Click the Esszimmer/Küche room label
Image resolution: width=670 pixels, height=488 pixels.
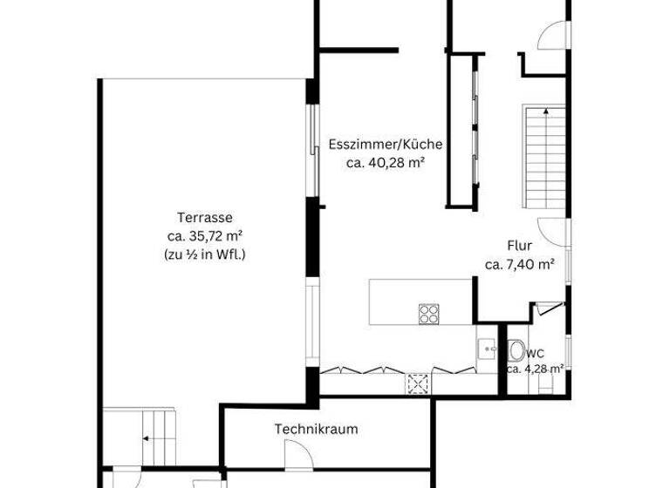click(x=386, y=145)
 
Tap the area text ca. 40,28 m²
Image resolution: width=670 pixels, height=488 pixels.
click(x=386, y=162)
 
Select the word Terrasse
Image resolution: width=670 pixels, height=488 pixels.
click(x=204, y=218)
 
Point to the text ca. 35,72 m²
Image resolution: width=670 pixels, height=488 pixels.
click(x=204, y=235)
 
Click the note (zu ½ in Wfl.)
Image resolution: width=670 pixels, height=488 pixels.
click(x=204, y=254)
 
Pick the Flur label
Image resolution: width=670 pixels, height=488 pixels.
click(x=519, y=246)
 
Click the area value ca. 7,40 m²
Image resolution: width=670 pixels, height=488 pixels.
click(x=520, y=265)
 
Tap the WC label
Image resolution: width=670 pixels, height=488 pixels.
click(x=537, y=353)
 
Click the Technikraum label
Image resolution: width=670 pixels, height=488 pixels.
click(x=316, y=429)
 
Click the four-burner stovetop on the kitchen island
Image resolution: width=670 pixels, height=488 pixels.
click(x=428, y=314)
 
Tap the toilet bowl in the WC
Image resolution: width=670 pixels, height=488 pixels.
click(x=517, y=351)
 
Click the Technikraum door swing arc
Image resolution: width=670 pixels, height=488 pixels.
click(x=297, y=452)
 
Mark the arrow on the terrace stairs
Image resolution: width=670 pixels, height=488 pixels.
click(x=146, y=438)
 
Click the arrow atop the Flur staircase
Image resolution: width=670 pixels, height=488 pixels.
click(x=544, y=112)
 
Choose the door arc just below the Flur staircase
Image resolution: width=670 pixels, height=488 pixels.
click(x=549, y=231)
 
